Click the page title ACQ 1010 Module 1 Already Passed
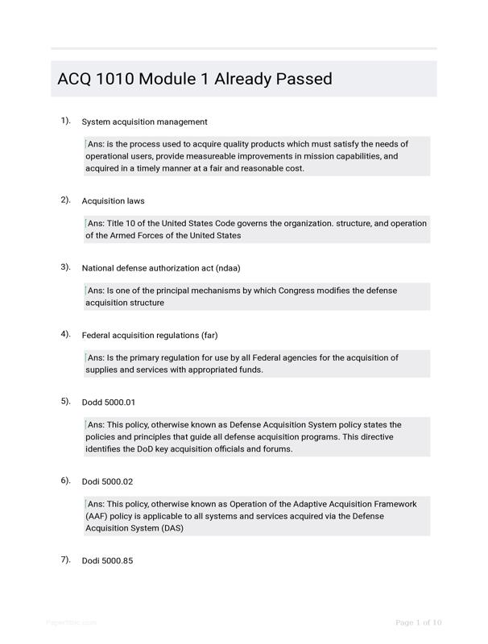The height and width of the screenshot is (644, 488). [195, 79]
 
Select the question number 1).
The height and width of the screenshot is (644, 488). [65, 121]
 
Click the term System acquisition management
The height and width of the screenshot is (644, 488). [144, 122]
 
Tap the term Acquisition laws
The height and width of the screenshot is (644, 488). [113, 200]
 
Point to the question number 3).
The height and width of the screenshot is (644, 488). [65, 266]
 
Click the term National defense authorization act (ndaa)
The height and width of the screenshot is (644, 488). [161, 268]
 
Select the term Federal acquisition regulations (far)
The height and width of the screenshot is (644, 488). [150, 335]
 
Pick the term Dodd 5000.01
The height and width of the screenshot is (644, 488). [108, 402]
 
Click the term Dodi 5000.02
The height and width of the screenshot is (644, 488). [107, 481]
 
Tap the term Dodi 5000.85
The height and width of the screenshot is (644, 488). [107, 560]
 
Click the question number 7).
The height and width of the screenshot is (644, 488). [65, 559]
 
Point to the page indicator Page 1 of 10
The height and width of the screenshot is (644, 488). [419, 622]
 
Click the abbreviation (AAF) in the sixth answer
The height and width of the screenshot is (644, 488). [97, 516]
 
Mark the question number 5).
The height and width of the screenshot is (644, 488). [65, 401]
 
